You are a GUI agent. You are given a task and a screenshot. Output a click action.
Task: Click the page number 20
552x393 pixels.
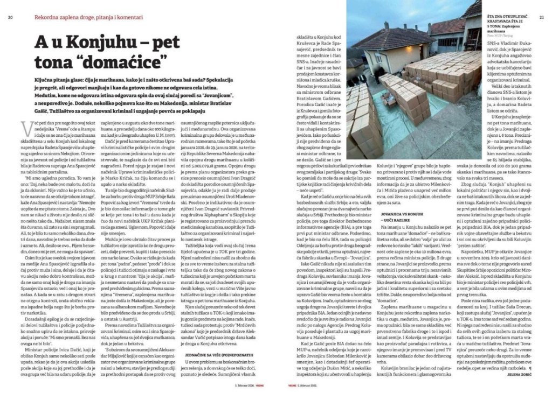point(10,17)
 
